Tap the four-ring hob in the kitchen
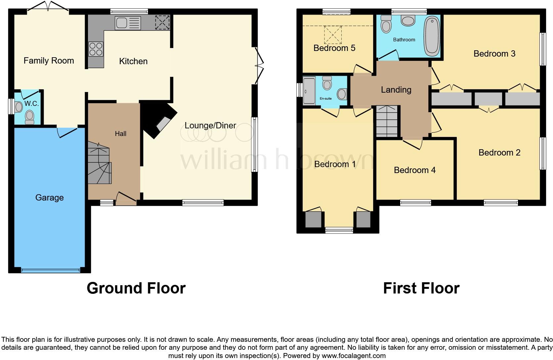pyautogui.click(x=96, y=49)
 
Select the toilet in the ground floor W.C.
pyautogui.click(x=30, y=117)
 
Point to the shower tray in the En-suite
pyautogui.click(x=309, y=91)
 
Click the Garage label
pyautogui.click(x=49, y=198)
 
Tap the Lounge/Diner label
pyautogui.click(x=210, y=125)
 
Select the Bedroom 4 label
pyautogui.click(x=414, y=170)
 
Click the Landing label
pyautogui.click(x=396, y=90)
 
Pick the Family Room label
pyautogui.click(x=49, y=61)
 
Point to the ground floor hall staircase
pyautogui.click(x=99, y=164)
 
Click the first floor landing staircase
pyautogui.click(x=387, y=121)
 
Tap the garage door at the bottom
pyautogui.click(x=51, y=270)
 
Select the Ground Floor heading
pyautogui.click(x=136, y=288)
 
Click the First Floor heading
pyautogui.click(x=421, y=288)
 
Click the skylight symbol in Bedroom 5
pyautogui.click(x=333, y=35)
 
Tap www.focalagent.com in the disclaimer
pyautogui.click(x=353, y=356)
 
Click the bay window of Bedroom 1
pyautogui.click(x=339, y=230)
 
